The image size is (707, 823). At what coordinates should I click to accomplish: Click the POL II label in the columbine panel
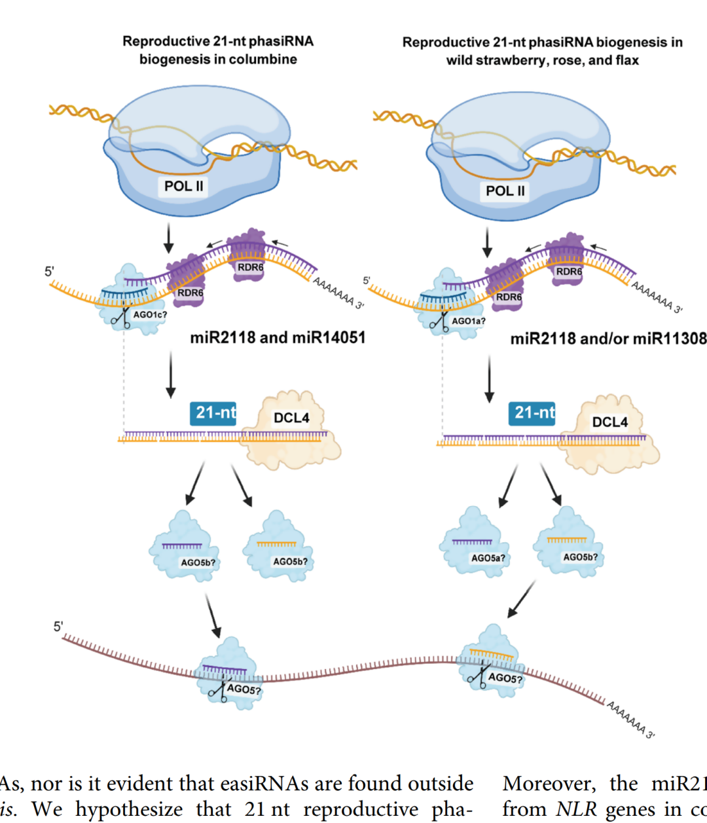point(184,186)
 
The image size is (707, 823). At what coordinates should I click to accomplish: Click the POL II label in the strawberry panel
point(505,191)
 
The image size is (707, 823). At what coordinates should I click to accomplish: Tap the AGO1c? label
point(150,315)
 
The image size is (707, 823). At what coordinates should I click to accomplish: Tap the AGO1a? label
point(469,321)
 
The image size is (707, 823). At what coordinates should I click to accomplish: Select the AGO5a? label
point(488,558)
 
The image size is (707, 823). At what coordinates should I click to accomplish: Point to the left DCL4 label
point(291,418)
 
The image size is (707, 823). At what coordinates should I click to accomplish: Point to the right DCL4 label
point(609,422)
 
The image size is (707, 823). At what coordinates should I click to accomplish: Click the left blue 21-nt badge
point(213,413)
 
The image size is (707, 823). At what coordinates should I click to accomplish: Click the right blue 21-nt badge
point(532,413)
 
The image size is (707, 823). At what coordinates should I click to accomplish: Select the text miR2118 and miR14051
point(278,338)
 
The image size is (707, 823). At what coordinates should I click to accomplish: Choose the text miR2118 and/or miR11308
point(608,338)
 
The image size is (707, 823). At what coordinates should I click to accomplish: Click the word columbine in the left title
point(264,60)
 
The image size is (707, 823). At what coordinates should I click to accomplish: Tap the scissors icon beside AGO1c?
point(120,318)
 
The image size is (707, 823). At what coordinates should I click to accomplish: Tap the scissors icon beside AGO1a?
point(439,323)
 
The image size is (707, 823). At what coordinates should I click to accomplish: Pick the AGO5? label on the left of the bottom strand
point(244,689)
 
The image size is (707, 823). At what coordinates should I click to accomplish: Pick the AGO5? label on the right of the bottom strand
point(505,678)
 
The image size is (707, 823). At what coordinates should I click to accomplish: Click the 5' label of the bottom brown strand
point(58,627)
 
